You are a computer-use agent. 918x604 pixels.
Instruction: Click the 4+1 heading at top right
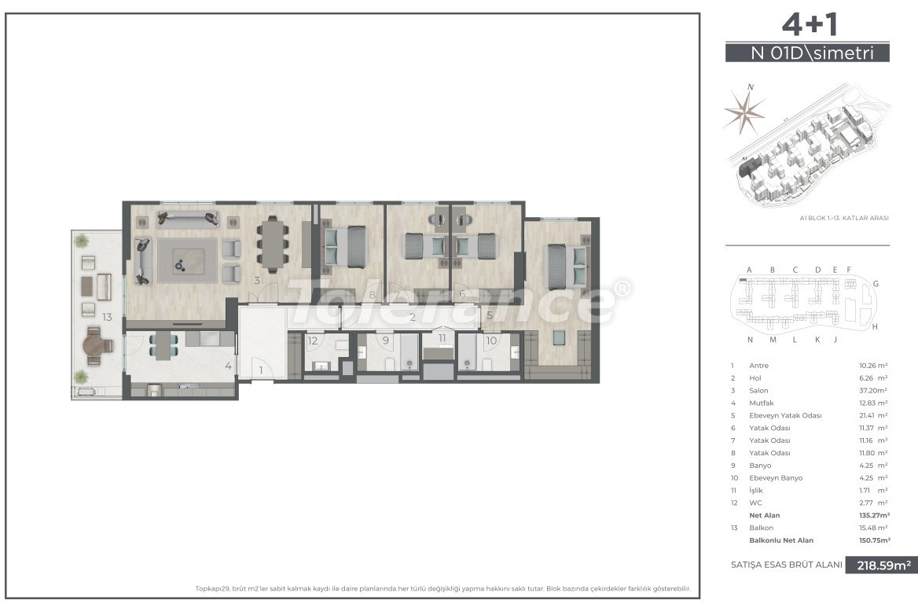[x=807, y=26]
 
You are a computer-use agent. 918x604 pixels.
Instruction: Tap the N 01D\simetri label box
[x=807, y=53]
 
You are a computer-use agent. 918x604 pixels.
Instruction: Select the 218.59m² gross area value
[x=881, y=565]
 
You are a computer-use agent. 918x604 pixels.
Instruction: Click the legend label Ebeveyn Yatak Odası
[x=786, y=416]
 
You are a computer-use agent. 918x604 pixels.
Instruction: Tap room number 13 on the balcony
[x=107, y=317]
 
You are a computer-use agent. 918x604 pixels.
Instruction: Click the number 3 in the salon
[x=256, y=280]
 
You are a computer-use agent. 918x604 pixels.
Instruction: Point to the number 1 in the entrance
[x=261, y=370]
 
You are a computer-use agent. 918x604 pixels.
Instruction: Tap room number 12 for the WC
[x=312, y=341]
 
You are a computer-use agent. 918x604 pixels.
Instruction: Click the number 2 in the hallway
[x=413, y=318]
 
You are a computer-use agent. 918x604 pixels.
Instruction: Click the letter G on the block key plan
[x=875, y=283]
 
